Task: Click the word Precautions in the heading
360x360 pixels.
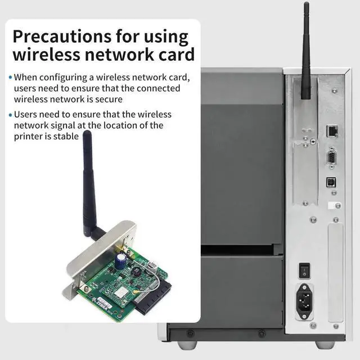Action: [x=62, y=36]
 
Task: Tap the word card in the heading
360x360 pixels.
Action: [x=177, y=55]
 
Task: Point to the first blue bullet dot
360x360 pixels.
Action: [x=10, y=78]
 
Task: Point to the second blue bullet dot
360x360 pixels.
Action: [x=10, y=115]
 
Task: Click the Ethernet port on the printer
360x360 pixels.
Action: [x=332, y=131]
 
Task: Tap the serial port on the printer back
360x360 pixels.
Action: [x=331, y=158]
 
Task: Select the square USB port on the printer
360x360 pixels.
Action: [x=331, y=182]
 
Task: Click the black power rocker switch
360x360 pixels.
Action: [x=304, y=271]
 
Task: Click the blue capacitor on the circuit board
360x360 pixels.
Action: [x=120, y=260]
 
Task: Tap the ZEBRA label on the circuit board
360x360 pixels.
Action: [x=103, y=304]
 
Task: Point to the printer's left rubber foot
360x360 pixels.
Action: [x=187, y=345]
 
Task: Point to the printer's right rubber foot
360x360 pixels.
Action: [x=325, y=345]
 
